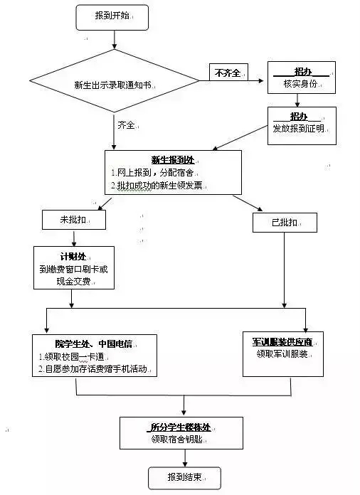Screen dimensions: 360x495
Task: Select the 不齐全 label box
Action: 228,73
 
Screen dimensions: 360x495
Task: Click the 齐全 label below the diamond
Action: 127,125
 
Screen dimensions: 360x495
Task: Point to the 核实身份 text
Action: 300,84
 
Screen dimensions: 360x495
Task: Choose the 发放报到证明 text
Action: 298,129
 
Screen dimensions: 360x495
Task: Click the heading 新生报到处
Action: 173,160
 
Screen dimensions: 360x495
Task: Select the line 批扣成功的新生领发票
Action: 157,186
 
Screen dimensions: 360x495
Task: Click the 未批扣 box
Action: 74,220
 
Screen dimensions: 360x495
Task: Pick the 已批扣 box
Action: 285,223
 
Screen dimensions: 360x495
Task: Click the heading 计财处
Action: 73,257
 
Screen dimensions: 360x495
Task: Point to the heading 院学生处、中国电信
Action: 94,344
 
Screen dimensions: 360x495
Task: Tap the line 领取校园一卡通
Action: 71,357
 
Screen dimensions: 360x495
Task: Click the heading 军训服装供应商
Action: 282,342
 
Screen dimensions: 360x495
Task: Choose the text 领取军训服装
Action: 282,354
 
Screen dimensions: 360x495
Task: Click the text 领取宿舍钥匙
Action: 177,439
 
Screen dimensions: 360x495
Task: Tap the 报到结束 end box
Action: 184,478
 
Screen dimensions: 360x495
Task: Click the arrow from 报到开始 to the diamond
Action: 115,40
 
